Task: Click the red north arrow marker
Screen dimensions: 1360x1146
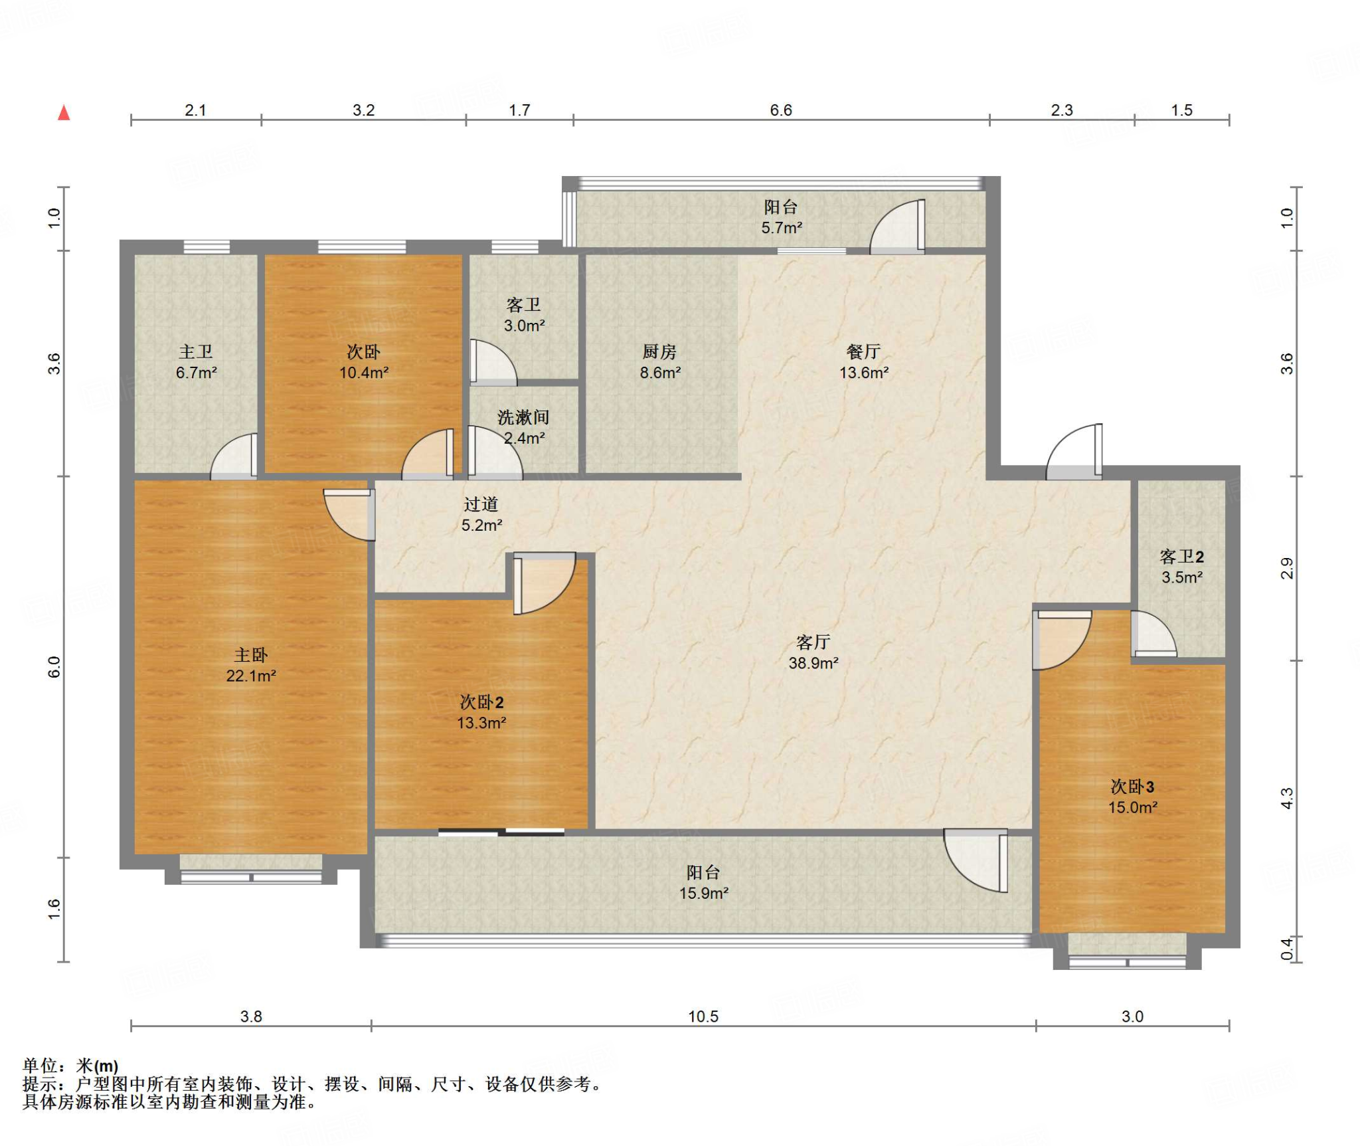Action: click(64, 113)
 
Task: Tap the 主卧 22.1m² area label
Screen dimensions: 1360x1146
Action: click(251, 665)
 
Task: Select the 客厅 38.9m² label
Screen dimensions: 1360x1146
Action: click(813, 652)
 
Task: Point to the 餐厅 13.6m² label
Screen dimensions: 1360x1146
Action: click(864, 362)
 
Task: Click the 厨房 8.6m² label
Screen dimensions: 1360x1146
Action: click(660, 362)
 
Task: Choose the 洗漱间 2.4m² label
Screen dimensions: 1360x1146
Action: click(524, 428)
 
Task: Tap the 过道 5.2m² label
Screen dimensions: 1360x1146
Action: click(481, 515)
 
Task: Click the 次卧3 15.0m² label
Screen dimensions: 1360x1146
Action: click(1133, 797)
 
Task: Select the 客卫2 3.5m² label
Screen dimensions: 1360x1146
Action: click(1182, 567)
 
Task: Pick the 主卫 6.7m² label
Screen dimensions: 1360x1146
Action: click(196, 362)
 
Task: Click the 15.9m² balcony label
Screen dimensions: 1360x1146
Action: click(704, 883)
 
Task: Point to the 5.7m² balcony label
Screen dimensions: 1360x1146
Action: click(782, 217)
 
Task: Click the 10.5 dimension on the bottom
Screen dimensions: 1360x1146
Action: click(703, 1016)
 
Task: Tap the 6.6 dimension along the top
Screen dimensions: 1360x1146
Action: click(781, 110)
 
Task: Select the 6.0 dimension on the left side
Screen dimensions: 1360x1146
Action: click(54, 667)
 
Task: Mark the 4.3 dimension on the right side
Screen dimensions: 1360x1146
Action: click(1287, 799)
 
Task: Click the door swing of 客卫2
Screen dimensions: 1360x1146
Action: click(1153, 634)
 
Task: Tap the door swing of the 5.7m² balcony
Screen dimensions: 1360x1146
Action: click(897, 226)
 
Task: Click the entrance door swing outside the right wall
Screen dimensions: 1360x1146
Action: click(1074, 451)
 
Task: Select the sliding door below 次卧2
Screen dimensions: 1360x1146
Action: click(501, 832)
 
